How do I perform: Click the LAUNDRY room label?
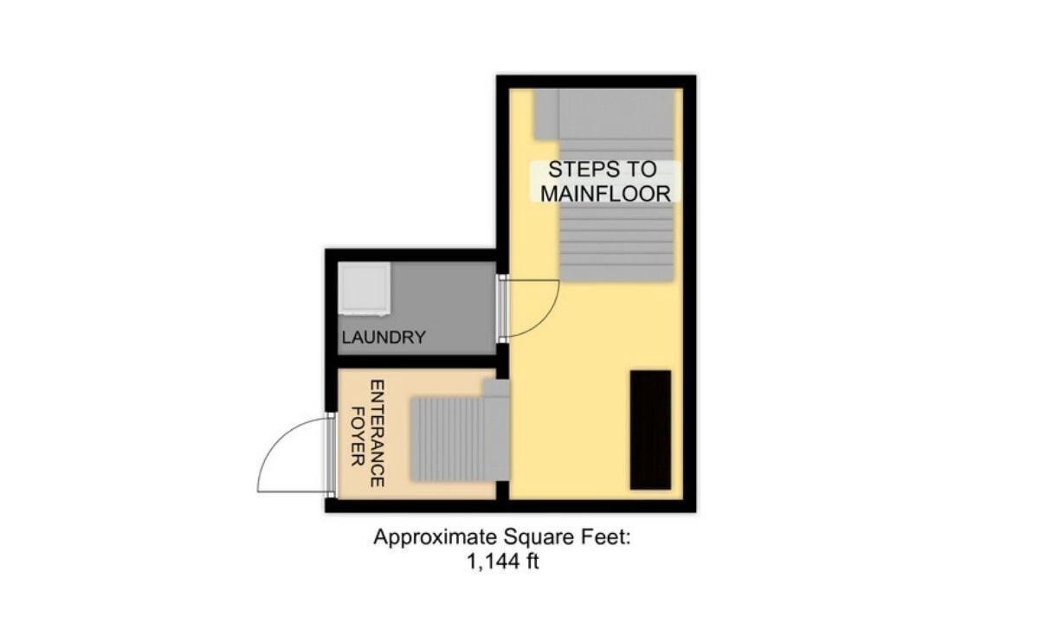[x=384, y=337]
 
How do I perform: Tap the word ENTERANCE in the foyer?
[x=378, y=434]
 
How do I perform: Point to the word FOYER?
[x=357, y=437]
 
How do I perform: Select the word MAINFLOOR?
[x=606, y=194]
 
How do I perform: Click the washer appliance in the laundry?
[x=365, y=289]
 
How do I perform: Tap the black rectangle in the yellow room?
[x=650, y=430]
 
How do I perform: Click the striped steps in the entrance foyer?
[x=447, y=439]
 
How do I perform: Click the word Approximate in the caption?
[x=435, y=537]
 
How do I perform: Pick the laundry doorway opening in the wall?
[x=502, y=309]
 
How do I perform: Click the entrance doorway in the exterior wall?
[x=331, y=455]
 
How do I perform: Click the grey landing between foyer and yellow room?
[x=497, y=430]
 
